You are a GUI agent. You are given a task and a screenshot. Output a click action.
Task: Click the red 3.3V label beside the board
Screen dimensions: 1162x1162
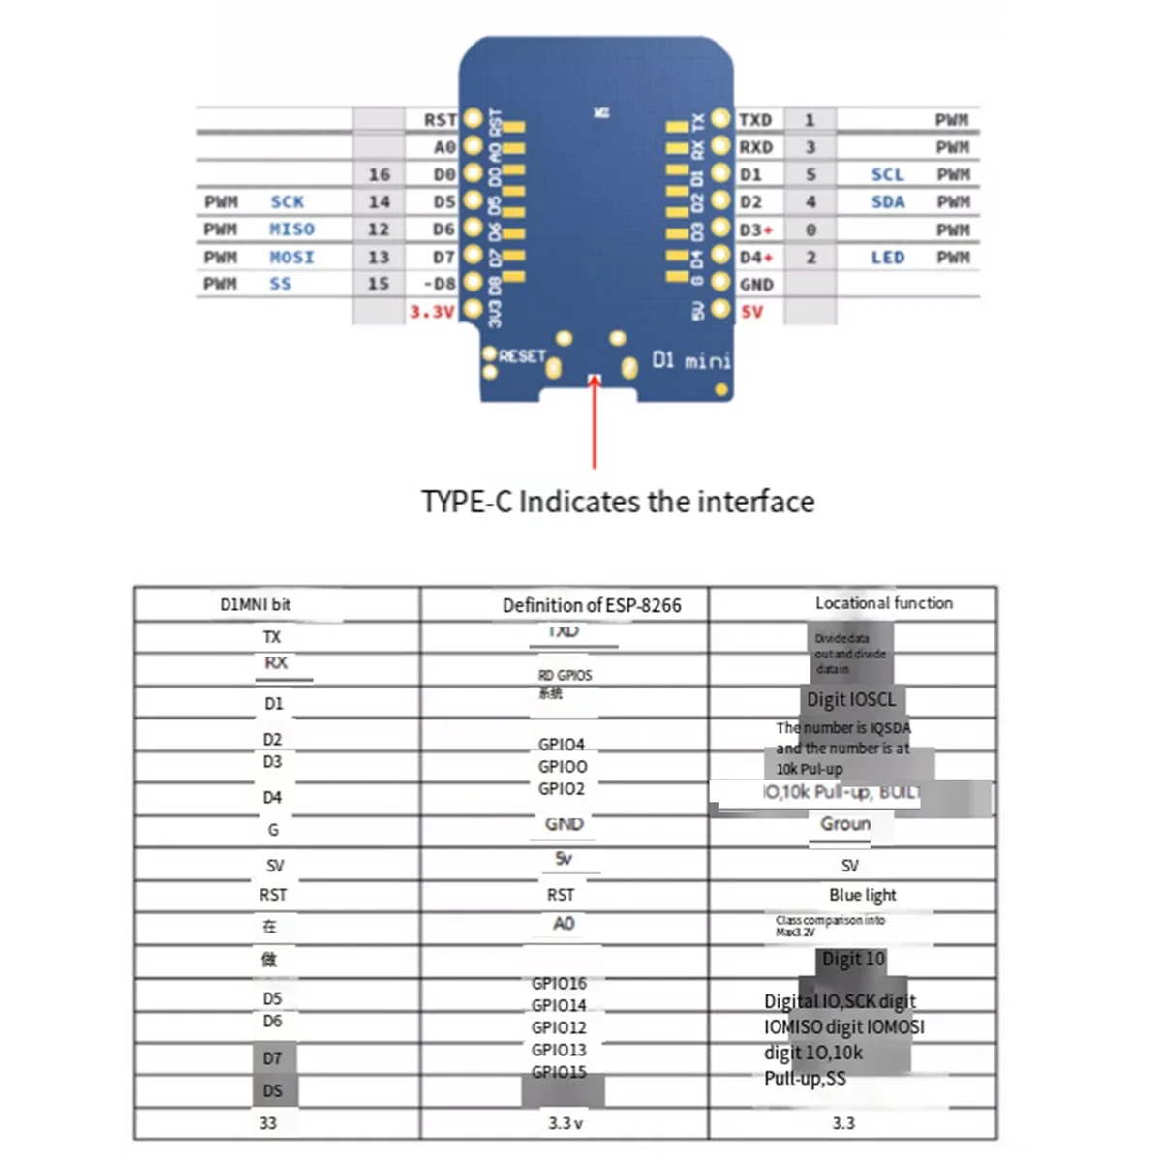click(431, 312)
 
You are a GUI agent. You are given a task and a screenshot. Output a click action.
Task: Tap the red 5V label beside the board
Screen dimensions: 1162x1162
click(751, 312)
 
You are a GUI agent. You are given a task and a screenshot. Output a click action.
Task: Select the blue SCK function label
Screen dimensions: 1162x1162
click(287, 201)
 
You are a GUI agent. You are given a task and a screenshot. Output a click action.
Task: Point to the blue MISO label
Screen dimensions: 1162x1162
click(291, 229)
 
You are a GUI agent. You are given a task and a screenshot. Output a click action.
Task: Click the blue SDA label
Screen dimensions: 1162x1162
click(887, 201)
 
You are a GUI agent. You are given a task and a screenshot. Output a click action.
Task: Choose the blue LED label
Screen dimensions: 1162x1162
click(887, 258)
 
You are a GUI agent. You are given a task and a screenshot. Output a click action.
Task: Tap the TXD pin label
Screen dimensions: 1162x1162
click(755, 120)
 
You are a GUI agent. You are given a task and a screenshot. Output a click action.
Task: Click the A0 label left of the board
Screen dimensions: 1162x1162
click(443, 147)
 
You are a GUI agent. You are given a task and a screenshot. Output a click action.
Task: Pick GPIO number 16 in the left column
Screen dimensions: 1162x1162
click(379, 174)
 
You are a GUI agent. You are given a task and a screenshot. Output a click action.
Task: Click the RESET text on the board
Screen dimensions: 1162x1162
click(523, 356)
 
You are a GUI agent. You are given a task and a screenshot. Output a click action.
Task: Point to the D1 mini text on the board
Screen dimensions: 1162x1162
click(690, 360)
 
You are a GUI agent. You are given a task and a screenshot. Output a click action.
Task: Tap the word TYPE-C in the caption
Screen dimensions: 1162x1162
click(466, 502)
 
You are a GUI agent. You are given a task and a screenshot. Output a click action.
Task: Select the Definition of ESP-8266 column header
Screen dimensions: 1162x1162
click(592, 605)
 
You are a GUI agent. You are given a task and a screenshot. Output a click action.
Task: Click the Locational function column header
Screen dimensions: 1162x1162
click(883, 603)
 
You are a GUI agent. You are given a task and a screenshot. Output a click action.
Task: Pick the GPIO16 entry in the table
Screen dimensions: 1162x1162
click(559, 984)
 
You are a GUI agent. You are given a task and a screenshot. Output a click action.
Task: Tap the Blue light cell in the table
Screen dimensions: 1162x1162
click(862, 895)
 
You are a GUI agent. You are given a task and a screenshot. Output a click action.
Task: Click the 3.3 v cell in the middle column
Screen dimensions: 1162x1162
click(565, 1123)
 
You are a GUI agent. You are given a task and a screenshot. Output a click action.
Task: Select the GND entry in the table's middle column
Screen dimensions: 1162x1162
click(564, 824)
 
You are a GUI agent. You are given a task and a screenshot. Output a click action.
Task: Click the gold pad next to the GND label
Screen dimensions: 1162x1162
click(720, 284)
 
